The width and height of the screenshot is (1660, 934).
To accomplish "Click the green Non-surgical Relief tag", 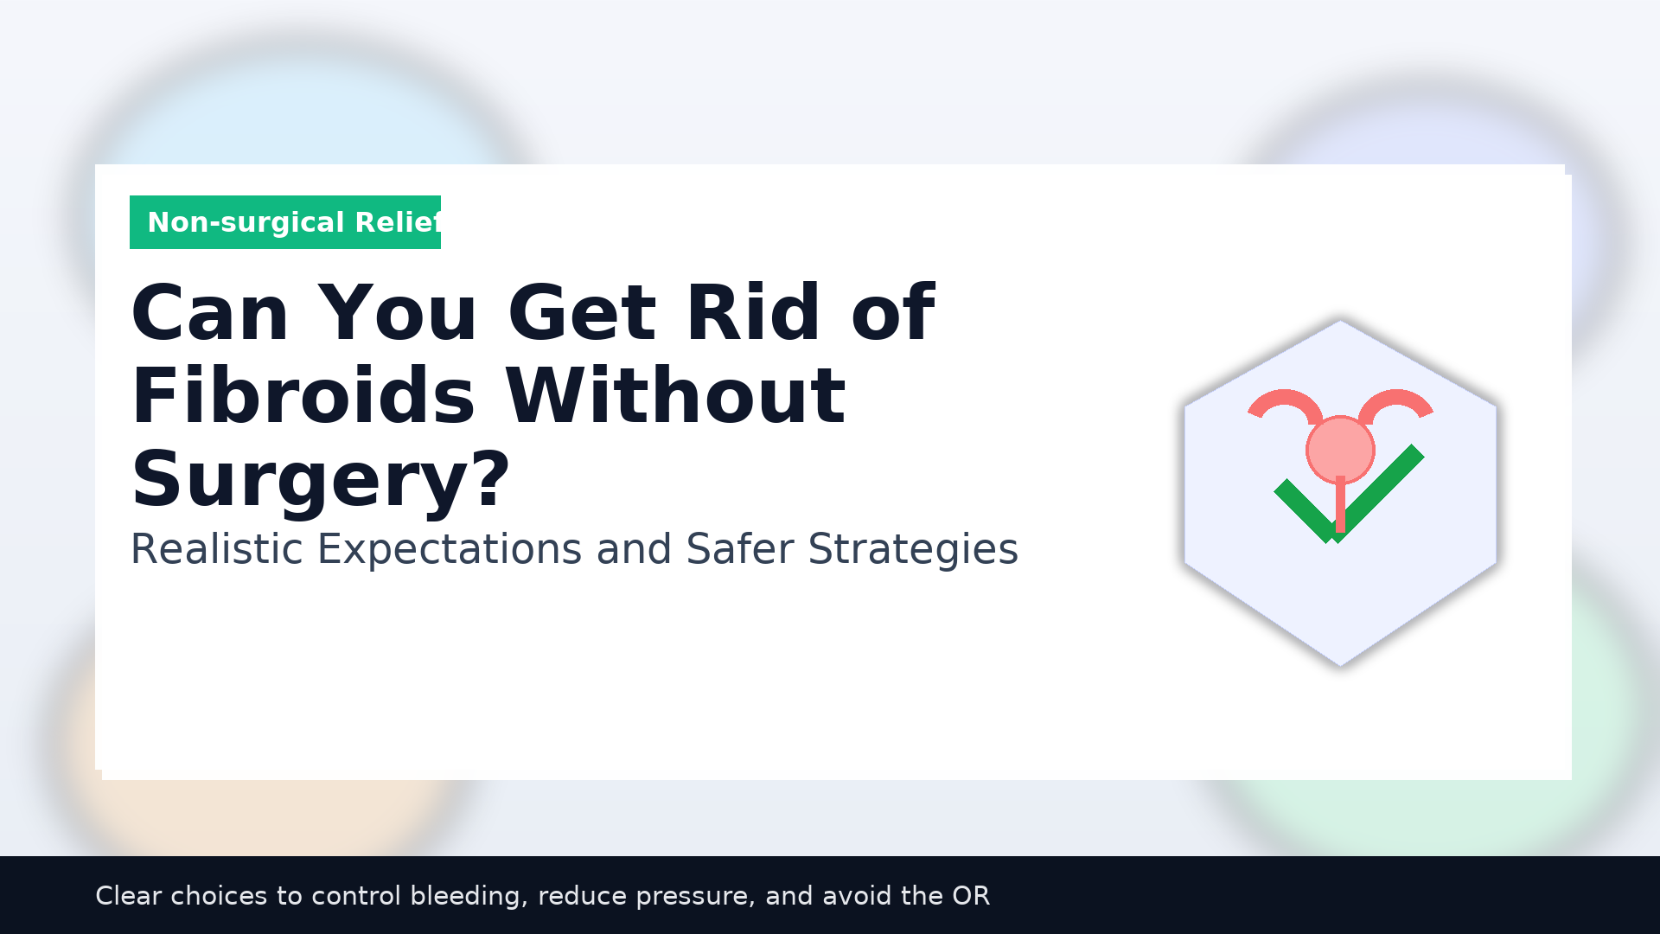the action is pos(285,222).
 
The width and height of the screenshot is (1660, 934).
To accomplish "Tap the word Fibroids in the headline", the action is pos(303,396).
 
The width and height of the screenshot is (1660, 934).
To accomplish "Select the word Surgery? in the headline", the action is pos(321,480).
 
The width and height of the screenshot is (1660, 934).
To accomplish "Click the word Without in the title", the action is pos(675,396).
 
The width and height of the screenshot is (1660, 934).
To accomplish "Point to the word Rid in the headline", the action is pos(753,312).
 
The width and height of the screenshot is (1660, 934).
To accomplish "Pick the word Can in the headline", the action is pos(210,313).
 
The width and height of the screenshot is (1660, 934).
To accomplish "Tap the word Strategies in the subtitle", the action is pos(913,550).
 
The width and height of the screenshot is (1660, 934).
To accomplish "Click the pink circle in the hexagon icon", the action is pos(1340,450).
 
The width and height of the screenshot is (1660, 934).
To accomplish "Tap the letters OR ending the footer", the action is pos(971,896).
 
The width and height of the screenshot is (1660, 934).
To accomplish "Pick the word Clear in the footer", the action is pos(128,896).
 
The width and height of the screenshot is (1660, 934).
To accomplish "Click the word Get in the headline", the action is pos(582,313).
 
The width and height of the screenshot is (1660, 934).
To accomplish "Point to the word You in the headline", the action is pos(398,313).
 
